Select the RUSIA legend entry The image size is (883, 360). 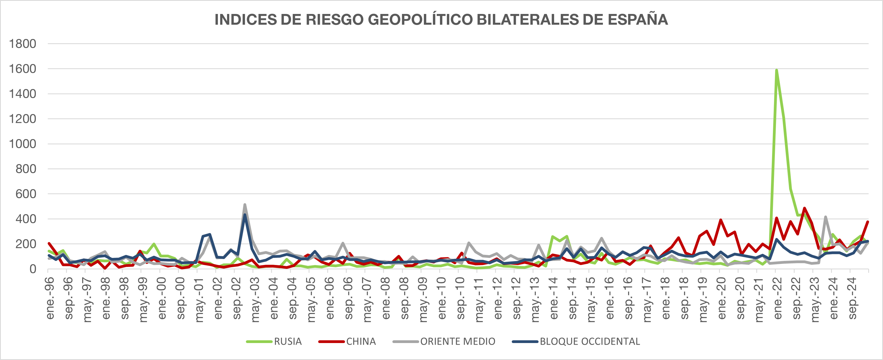(287, 341)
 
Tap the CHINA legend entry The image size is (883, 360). (361, 341)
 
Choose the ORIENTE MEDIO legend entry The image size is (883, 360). (457, 341)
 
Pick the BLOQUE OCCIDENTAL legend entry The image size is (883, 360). (589, 341)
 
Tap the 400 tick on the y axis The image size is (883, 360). (26, 219)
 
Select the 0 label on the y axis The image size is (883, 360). (33, 269)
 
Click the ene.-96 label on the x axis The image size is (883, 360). (50, 298)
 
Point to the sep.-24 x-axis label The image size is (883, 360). (853, 298)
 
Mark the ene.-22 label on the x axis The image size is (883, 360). (778, 298)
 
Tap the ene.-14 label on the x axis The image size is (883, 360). (554, 298)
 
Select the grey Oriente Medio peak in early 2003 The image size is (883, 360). (245, 205)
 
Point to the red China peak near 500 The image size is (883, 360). (804, 208)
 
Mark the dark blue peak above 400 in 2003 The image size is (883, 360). (245, 215)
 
